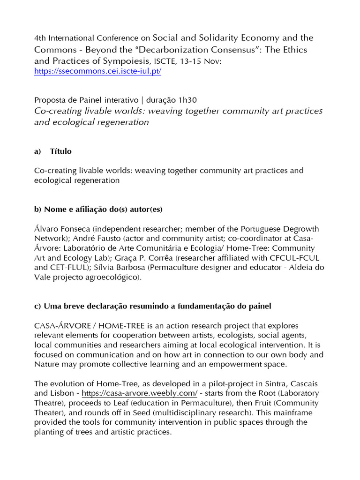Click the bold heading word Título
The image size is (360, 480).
[61, 151]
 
